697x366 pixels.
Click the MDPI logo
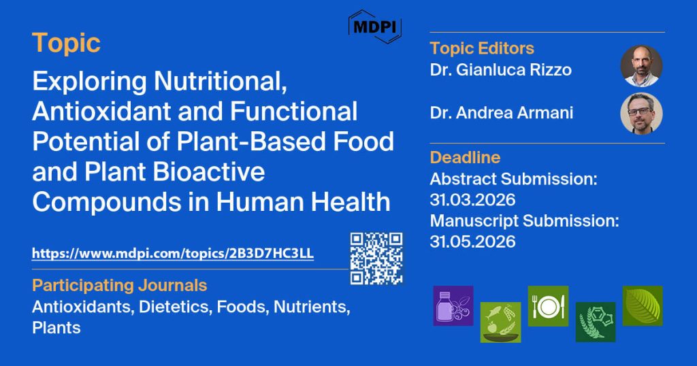375,27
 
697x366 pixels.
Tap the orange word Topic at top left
66,44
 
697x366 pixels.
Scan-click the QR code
376,259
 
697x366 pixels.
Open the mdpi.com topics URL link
173,254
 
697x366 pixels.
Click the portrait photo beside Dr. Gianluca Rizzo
641,66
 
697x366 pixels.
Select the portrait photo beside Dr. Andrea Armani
641,113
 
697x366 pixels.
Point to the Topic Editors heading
482,48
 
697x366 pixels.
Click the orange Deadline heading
465,157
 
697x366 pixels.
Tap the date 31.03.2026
472,200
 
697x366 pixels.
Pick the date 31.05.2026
472,242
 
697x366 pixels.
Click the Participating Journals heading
120,285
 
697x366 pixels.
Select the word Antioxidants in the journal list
83,307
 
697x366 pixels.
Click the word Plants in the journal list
56,328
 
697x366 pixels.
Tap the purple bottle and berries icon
453,306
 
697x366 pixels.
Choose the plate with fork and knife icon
548,306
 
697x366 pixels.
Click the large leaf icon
643,306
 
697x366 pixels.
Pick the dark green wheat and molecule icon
596,322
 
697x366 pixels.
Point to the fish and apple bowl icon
500,322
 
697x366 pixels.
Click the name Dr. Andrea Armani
502,113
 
